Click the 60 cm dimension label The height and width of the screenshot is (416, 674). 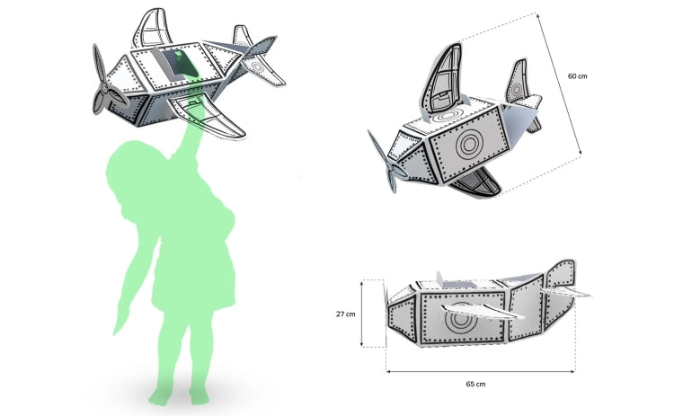tap(577, 76)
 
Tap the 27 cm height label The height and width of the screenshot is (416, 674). tap(346, 314)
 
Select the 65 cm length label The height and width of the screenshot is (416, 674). tap(475, 384)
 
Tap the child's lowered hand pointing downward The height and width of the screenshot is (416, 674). tap(119, 324)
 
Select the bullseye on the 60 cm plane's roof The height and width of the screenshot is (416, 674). tap(447, 116)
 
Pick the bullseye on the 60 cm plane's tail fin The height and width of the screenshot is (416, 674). tap(516, 90)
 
